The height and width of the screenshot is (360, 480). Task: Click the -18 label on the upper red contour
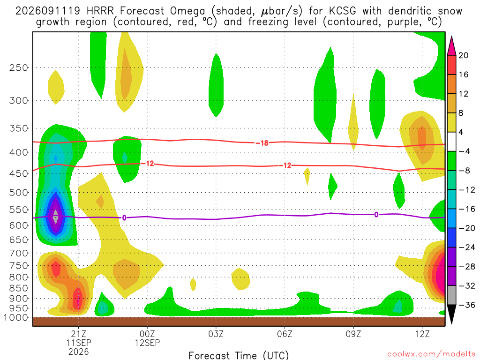click(262, 143)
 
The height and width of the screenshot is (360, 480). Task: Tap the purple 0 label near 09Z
click(376, 215)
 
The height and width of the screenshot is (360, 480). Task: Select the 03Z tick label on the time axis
click(216, 334)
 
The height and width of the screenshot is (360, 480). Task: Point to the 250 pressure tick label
click(19, 67)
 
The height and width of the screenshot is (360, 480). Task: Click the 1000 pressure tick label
click(16, 318)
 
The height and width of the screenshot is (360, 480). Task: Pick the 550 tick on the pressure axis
click(19, 210)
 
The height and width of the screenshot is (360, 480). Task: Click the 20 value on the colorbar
click(464, 55)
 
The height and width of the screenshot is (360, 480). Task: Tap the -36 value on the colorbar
click(467, 305)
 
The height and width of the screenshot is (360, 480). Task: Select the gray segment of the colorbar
click(451, 295)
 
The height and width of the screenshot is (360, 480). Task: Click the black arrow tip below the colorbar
click(451, 323)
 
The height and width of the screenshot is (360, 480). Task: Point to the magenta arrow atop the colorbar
click(451, 45)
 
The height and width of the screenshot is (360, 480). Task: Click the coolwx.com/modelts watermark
click(431, 354)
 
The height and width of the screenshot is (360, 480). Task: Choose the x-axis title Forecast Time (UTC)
click(239, 355)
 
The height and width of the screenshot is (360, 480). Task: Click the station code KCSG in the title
click(343, 11)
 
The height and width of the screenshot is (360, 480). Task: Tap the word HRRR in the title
click(100, 11)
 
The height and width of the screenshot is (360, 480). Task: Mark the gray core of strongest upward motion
click(55, 217)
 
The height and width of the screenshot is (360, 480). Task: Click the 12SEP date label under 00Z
click(147, 343)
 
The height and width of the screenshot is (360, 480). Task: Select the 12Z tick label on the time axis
click(422, 334)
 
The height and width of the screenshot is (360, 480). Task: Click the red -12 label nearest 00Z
click(149, 164)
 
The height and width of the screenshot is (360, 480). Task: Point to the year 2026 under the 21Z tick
click(79, 352)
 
